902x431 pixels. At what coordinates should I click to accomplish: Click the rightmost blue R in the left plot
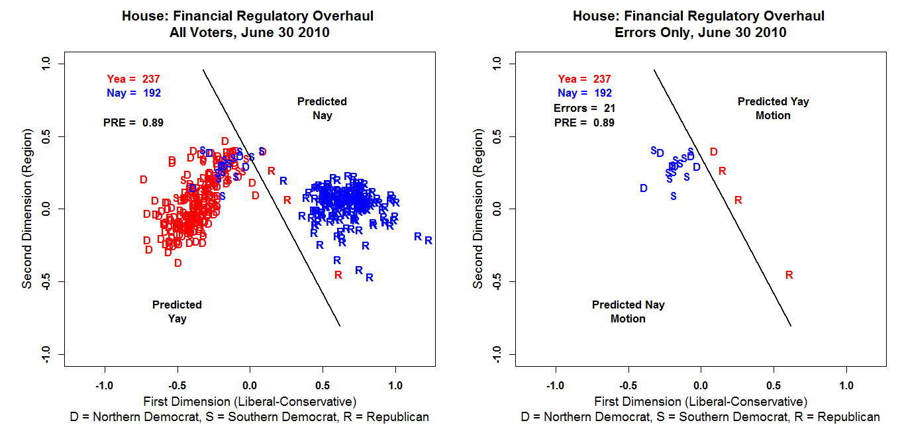428,240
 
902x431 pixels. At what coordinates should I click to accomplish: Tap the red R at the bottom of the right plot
789,275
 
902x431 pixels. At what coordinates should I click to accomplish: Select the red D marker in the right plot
713,152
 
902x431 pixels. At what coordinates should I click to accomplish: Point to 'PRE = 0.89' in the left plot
133,122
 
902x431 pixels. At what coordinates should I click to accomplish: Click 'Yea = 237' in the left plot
133,79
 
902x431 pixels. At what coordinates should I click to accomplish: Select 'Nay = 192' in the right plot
585,93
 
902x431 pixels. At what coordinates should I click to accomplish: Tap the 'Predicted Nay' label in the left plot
322,109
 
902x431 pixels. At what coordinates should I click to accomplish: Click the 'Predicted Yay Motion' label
773,109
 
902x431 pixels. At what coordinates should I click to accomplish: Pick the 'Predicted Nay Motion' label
628,312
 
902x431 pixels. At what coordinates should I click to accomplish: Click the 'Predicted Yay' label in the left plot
177,312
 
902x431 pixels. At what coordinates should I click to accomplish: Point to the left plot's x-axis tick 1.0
395,385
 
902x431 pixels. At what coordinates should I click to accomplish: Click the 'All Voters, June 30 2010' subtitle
248,32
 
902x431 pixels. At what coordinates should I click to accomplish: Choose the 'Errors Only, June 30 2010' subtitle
699,32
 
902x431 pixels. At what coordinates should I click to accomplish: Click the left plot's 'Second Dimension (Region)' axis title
27,209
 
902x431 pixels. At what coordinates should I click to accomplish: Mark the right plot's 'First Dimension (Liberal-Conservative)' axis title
701,401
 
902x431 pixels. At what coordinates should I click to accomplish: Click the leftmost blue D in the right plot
643,188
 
